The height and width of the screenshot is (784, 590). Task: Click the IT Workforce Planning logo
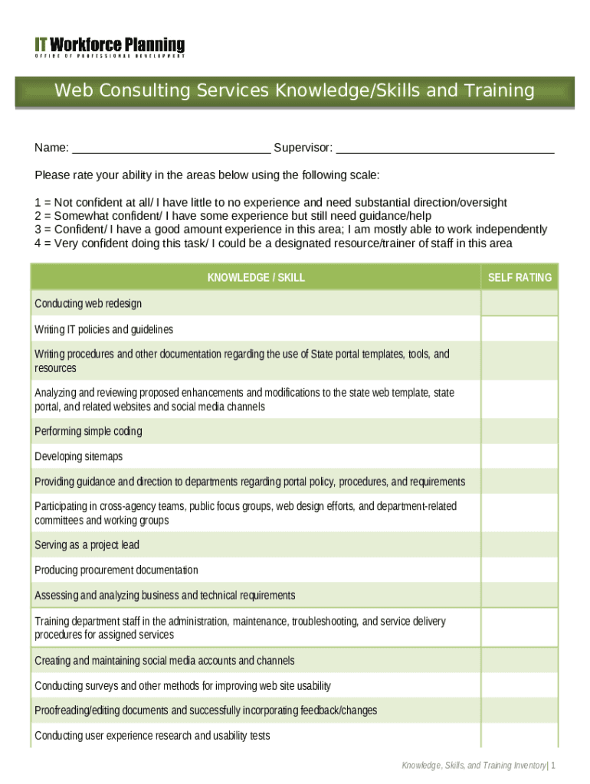tap(110, 47)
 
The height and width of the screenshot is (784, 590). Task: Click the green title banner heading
tap(294, 91)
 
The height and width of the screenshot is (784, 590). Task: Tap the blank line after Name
tap(171, 148)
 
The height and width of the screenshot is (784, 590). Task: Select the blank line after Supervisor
tap(445, 148)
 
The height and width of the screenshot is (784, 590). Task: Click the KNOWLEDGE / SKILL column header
tap(256, 277)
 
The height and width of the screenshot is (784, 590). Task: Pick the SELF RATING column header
tap(520, 277)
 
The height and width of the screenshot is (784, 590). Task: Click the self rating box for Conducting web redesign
tap(520, 304)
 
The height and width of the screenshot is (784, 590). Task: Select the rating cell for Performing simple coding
tap(520, 432)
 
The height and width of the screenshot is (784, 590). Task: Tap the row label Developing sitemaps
tap(79, 457)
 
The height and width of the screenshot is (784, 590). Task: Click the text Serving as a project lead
tap(87, 545)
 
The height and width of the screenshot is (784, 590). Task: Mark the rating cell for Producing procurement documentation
tap(520, 570)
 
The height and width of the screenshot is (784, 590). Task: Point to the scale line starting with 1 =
tap(270, 203)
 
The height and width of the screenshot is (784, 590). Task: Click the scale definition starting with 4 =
tap(274, 243)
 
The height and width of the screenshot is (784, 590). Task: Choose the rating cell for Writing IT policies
tap(520, 329)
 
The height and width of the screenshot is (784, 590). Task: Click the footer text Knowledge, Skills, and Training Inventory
tap(475, 766)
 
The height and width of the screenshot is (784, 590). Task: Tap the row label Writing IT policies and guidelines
tap(104, 329)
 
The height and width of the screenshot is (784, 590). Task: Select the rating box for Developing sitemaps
tap(520, 457)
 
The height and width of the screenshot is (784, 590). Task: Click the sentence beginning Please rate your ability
tap(207, 175)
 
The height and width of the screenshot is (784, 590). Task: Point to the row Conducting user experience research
tap(152, 736)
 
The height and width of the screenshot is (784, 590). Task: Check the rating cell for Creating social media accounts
tap(520, 661)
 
